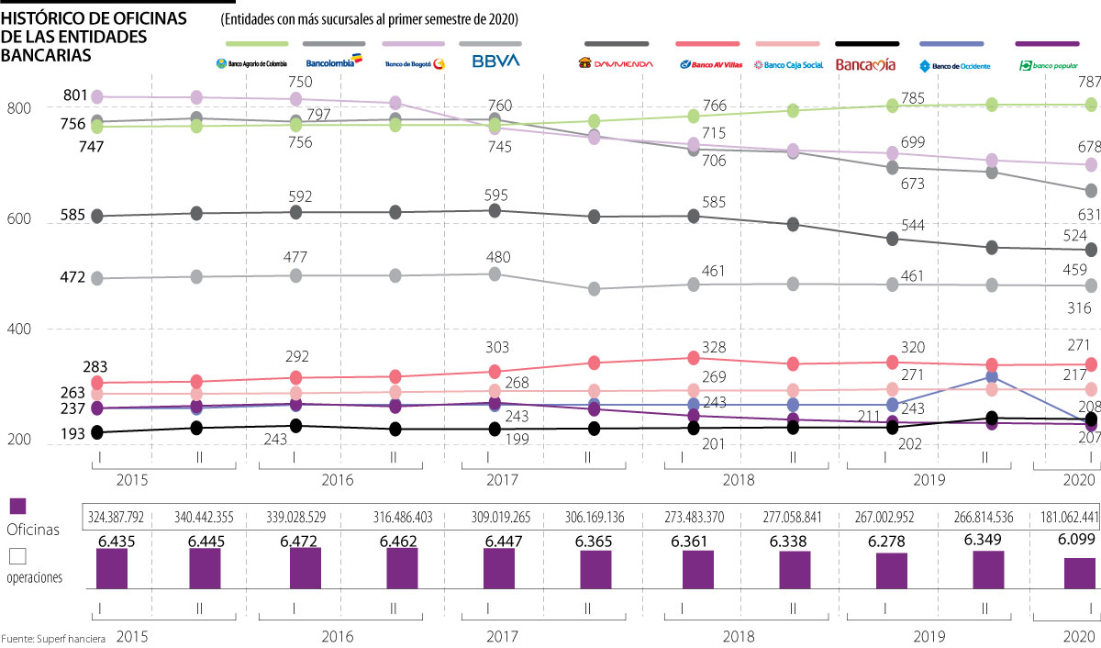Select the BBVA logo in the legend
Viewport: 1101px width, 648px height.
pyautogui.click(x=495, y=62)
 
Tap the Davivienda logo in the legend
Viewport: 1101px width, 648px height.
pyautogui.click(x=616, y=63)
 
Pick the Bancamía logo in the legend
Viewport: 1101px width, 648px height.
pyautogui.click(x=867, y=63)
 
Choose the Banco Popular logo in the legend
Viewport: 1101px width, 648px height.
pyautogui.click(x=1048, y=65)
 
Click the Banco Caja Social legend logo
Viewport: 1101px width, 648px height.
pyautogui.click(x=787, y=64)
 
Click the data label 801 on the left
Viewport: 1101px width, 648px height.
pyautogui.click(x=76, y=95)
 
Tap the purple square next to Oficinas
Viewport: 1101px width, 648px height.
pyautogui.click(x=18, y=507)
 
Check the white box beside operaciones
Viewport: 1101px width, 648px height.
pyautogui.click(x=17, y=556)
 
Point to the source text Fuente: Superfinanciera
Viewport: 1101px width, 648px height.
pyautogui.click(x=53, y=638)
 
